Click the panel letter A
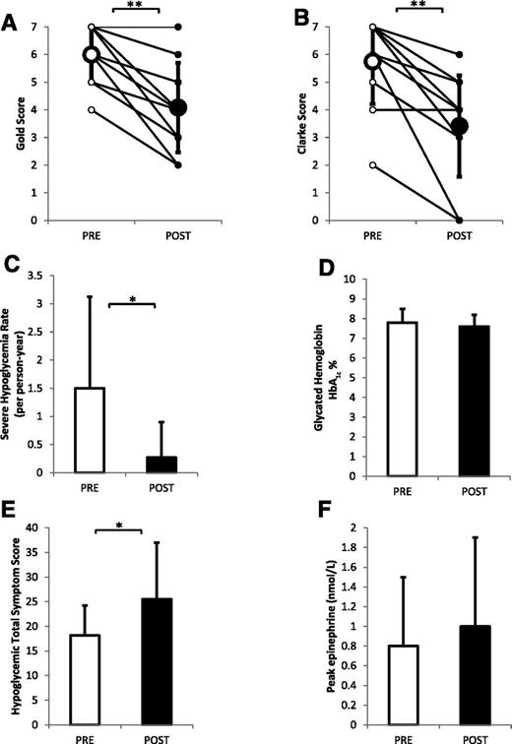(11, 13)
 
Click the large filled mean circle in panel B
(459, 126)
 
